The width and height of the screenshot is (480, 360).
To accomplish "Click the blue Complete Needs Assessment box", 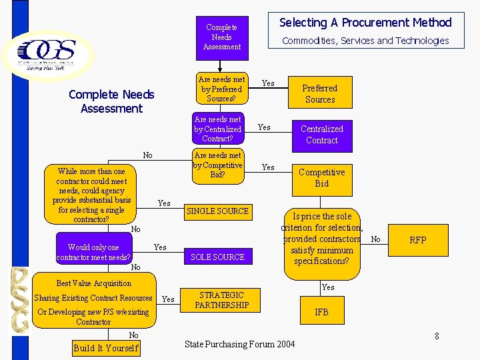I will [x=222, y=37].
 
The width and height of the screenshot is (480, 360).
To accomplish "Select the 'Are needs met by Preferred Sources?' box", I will [x=222, y=89].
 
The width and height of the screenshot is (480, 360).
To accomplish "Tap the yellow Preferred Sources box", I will [x=320, y=93].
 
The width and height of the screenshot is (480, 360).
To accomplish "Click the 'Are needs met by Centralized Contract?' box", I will [x=218, y=129].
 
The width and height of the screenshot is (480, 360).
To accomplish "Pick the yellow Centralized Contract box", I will [x=322, y=135].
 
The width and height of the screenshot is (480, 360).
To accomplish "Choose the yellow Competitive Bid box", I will [x=322, y=177].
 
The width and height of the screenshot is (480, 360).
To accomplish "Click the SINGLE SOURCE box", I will [x=217, y=211].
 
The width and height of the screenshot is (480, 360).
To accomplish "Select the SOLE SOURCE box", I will [x=217, y=257].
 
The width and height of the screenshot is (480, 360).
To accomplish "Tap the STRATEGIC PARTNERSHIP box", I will [x=221, y=300].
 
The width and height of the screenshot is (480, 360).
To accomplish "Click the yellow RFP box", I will [x=418, y=240].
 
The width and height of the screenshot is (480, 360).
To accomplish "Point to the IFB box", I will [x=321, y=312].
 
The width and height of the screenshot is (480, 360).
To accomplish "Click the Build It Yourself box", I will [x=106, y=348].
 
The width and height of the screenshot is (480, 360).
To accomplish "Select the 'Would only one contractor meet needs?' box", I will [x=93, y=252].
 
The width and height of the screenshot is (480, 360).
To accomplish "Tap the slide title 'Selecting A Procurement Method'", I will [x=365, y=23].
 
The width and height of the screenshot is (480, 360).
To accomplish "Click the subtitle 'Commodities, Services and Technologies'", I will [x=365, y=41].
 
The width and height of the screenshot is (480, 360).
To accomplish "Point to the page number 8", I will [x=437, y=336].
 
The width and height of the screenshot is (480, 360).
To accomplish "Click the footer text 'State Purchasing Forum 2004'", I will [x=239, y=344].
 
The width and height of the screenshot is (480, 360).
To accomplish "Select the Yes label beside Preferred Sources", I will [x=268, y=83].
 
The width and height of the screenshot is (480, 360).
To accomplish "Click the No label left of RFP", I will [x=376, y=239].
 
